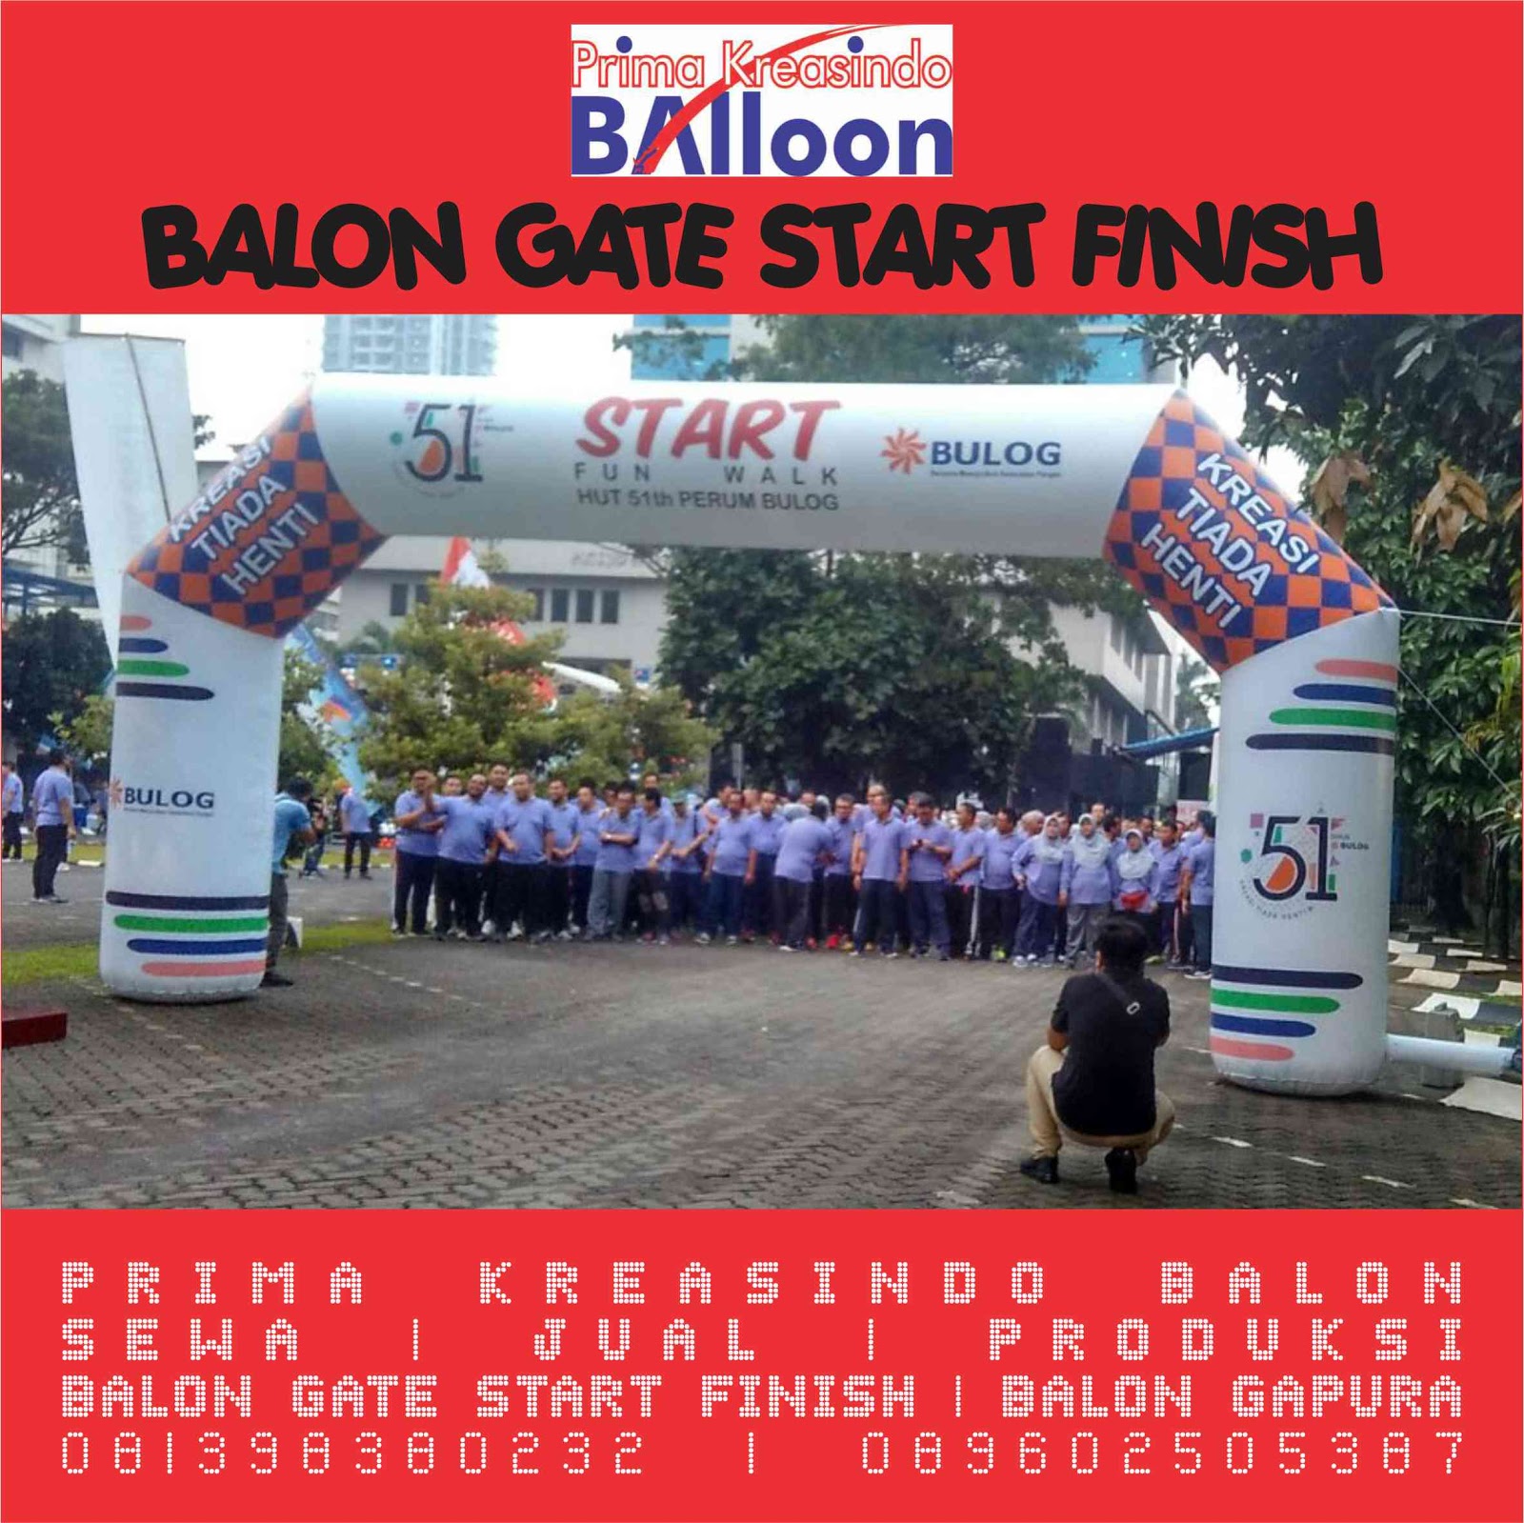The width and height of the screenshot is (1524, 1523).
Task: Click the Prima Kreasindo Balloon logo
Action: click(761, 101)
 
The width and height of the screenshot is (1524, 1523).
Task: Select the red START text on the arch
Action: click(706, 431)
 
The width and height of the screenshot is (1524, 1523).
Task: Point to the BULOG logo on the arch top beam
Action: click(972, 454)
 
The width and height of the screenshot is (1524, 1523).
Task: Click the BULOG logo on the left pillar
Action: click(162, 797)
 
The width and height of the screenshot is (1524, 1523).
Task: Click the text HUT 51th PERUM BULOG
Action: click(707, 498)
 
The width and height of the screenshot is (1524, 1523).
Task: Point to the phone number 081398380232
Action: click(352, 1454)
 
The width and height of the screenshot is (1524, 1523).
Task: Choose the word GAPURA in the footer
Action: click(1346, 1397)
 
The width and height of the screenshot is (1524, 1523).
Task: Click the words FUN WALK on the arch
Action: click(706, 473)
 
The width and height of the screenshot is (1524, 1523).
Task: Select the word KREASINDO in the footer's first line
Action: click(762, 1283)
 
